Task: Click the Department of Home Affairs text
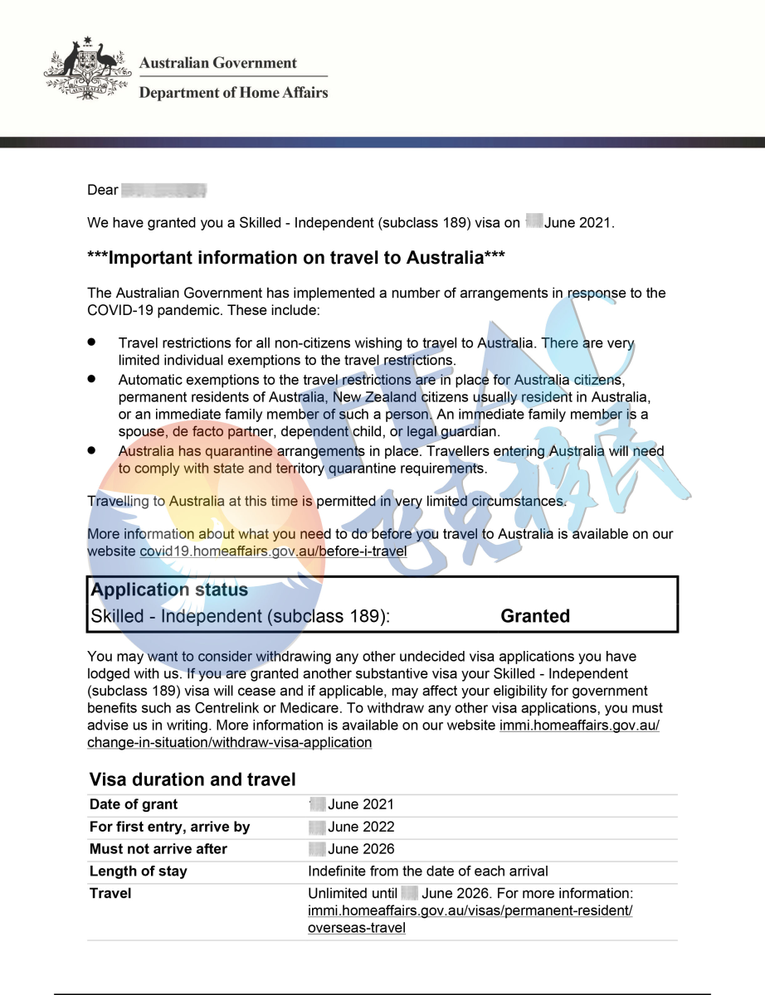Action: coord(233,93)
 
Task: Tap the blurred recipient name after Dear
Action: coord(163,191)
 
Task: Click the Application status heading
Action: coord(169,590)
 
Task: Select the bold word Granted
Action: coord(535,616)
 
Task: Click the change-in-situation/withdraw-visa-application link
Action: coord(229,742)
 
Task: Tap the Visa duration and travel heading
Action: coord(192,779)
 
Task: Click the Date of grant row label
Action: coord(134,804)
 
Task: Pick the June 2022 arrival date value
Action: coord(360,827)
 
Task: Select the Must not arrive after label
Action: coord(158,849)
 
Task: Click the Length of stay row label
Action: coord(139,871)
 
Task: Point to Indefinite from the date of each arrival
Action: coord(427,871)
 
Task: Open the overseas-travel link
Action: coord(357,928)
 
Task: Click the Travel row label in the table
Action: coord(110,894)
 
